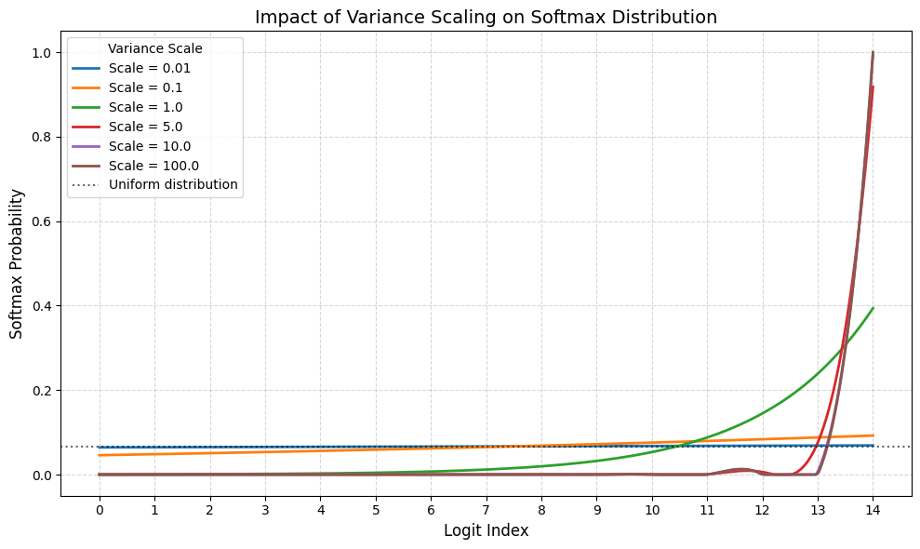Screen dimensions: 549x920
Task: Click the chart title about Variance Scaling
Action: coord(486,17)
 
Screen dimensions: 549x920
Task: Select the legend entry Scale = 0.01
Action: coord(148,68)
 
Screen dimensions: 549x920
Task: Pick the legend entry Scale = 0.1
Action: coord(144,87)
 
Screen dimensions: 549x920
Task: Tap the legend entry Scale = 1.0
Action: coord(144,107)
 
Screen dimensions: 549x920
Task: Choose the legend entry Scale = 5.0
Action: coord(144,127)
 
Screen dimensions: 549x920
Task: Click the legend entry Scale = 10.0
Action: coord(148,146)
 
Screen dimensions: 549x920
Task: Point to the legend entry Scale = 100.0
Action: coord(152,166)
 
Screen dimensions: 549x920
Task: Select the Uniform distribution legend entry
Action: coord(173,184)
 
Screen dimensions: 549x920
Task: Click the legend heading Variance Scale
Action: coord(154,48)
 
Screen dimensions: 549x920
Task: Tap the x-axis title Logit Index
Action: coord(486,530)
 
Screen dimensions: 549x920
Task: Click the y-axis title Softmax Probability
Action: coord(17,263)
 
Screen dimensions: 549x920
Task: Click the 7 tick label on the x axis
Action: coord(486,510)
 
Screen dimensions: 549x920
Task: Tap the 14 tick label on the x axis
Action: coord(873,510)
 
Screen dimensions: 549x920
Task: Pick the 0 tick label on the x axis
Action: coord(100,510)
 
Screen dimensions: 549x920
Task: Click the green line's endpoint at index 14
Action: coord(873,308)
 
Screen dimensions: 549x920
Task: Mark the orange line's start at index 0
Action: coord(100,455)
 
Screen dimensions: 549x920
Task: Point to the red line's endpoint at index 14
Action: coord(873,87)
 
